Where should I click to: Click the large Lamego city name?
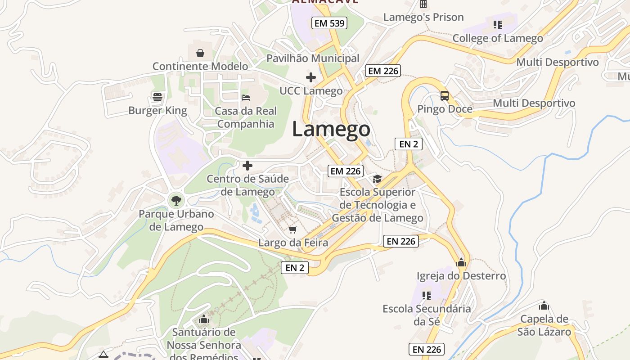tap(331, 129)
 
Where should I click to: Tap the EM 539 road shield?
tap(330, 23)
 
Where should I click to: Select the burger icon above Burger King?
tap(157, 97)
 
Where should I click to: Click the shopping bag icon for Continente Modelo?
tap(200, 53)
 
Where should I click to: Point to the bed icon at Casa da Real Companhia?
tap(245, 97)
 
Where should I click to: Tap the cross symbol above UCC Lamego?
tap(310, 77)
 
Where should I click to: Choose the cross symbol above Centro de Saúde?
tap(247, 166)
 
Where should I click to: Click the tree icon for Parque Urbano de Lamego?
tap(176, 200)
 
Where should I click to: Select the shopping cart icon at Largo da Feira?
tap(293, 230)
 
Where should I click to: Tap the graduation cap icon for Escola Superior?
tap(377, 179)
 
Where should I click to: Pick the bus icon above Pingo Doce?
tap(445, 95)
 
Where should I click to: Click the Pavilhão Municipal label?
tap(313, 58)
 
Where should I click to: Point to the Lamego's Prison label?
tap(423, 18)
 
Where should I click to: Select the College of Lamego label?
tap(498, 38)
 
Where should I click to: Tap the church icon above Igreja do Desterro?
tap(461, 262)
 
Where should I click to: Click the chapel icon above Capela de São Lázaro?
tap(544, 306)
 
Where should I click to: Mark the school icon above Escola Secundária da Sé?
tap(426, 296)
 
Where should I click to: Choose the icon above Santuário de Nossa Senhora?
tap(204, 320)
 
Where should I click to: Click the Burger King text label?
tap(157, 110)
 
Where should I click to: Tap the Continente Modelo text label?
tap(200, 66)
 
